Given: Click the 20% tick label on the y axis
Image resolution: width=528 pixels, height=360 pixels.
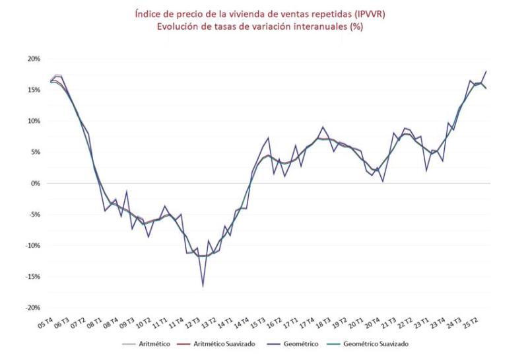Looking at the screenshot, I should click(32, 59).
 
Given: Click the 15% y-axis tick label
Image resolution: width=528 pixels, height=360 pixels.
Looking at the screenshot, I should click(32, 90).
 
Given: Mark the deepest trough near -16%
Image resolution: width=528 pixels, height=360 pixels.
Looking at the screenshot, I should click(203, 286).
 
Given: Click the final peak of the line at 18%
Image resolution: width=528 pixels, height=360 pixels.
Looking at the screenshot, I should click(487, 71).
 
